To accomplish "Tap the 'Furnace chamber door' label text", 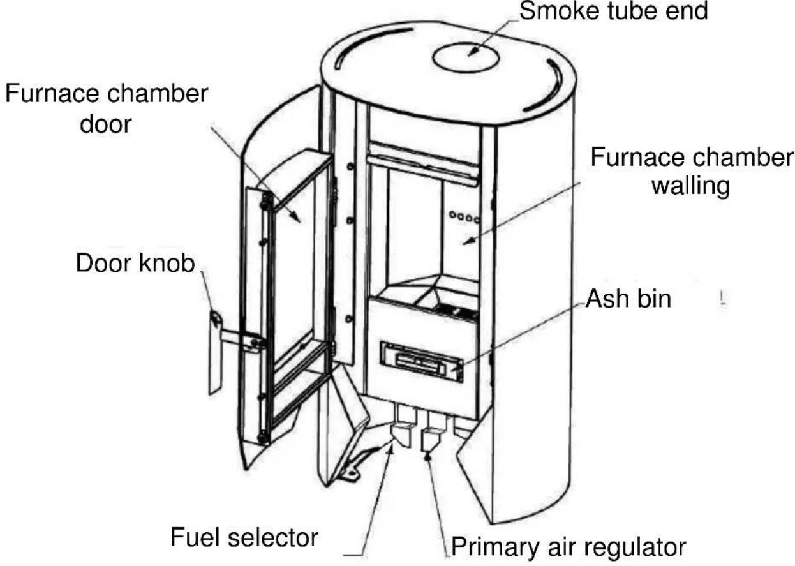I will coord(106,108).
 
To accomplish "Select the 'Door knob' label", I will coord(135,263).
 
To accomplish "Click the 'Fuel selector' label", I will coord(244,537).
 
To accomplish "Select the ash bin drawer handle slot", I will coord(421,361).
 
